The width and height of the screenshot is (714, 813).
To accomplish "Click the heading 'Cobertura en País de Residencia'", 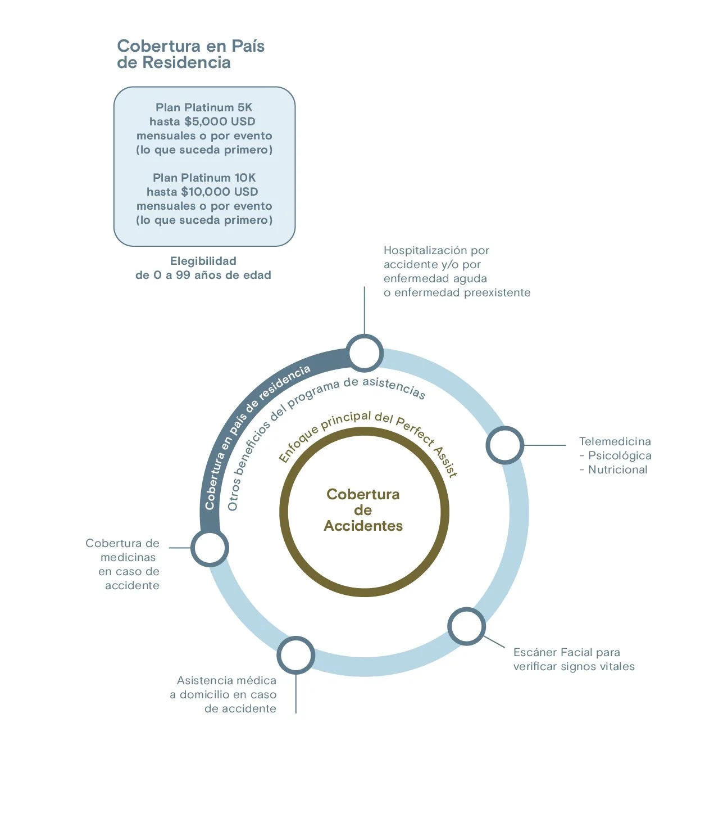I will (190, 54).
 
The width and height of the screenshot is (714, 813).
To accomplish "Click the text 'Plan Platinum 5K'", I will (204, 107).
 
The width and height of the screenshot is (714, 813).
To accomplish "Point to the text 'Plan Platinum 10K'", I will (204, 178).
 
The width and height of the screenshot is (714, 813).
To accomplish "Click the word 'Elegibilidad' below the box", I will (203, 261).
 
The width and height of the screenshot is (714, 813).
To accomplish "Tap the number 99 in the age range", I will (183, 275).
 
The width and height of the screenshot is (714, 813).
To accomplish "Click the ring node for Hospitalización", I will (365, 353).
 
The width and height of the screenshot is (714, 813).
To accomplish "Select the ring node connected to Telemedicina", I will (504, 445).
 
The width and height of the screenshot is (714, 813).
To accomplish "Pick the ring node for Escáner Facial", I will (466, 626).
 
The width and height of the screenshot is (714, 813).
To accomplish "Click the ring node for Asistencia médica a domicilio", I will (295, 655).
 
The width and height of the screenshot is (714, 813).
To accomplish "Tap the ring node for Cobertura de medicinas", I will (210, 548).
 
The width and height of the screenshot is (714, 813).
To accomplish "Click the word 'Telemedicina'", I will (615, 441).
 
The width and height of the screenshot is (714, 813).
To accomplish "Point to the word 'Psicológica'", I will (620, 455).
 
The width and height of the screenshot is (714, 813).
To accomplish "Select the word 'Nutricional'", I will (617, 469).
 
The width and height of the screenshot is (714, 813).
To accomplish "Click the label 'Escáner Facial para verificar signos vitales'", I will (574, 659).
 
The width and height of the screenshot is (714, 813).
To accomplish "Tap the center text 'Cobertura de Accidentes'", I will (363, 510).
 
